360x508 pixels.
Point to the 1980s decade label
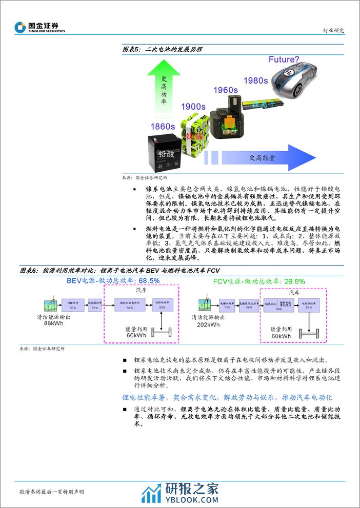click(x=255, y=80)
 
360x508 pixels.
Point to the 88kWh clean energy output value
click(x=53, y=323)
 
